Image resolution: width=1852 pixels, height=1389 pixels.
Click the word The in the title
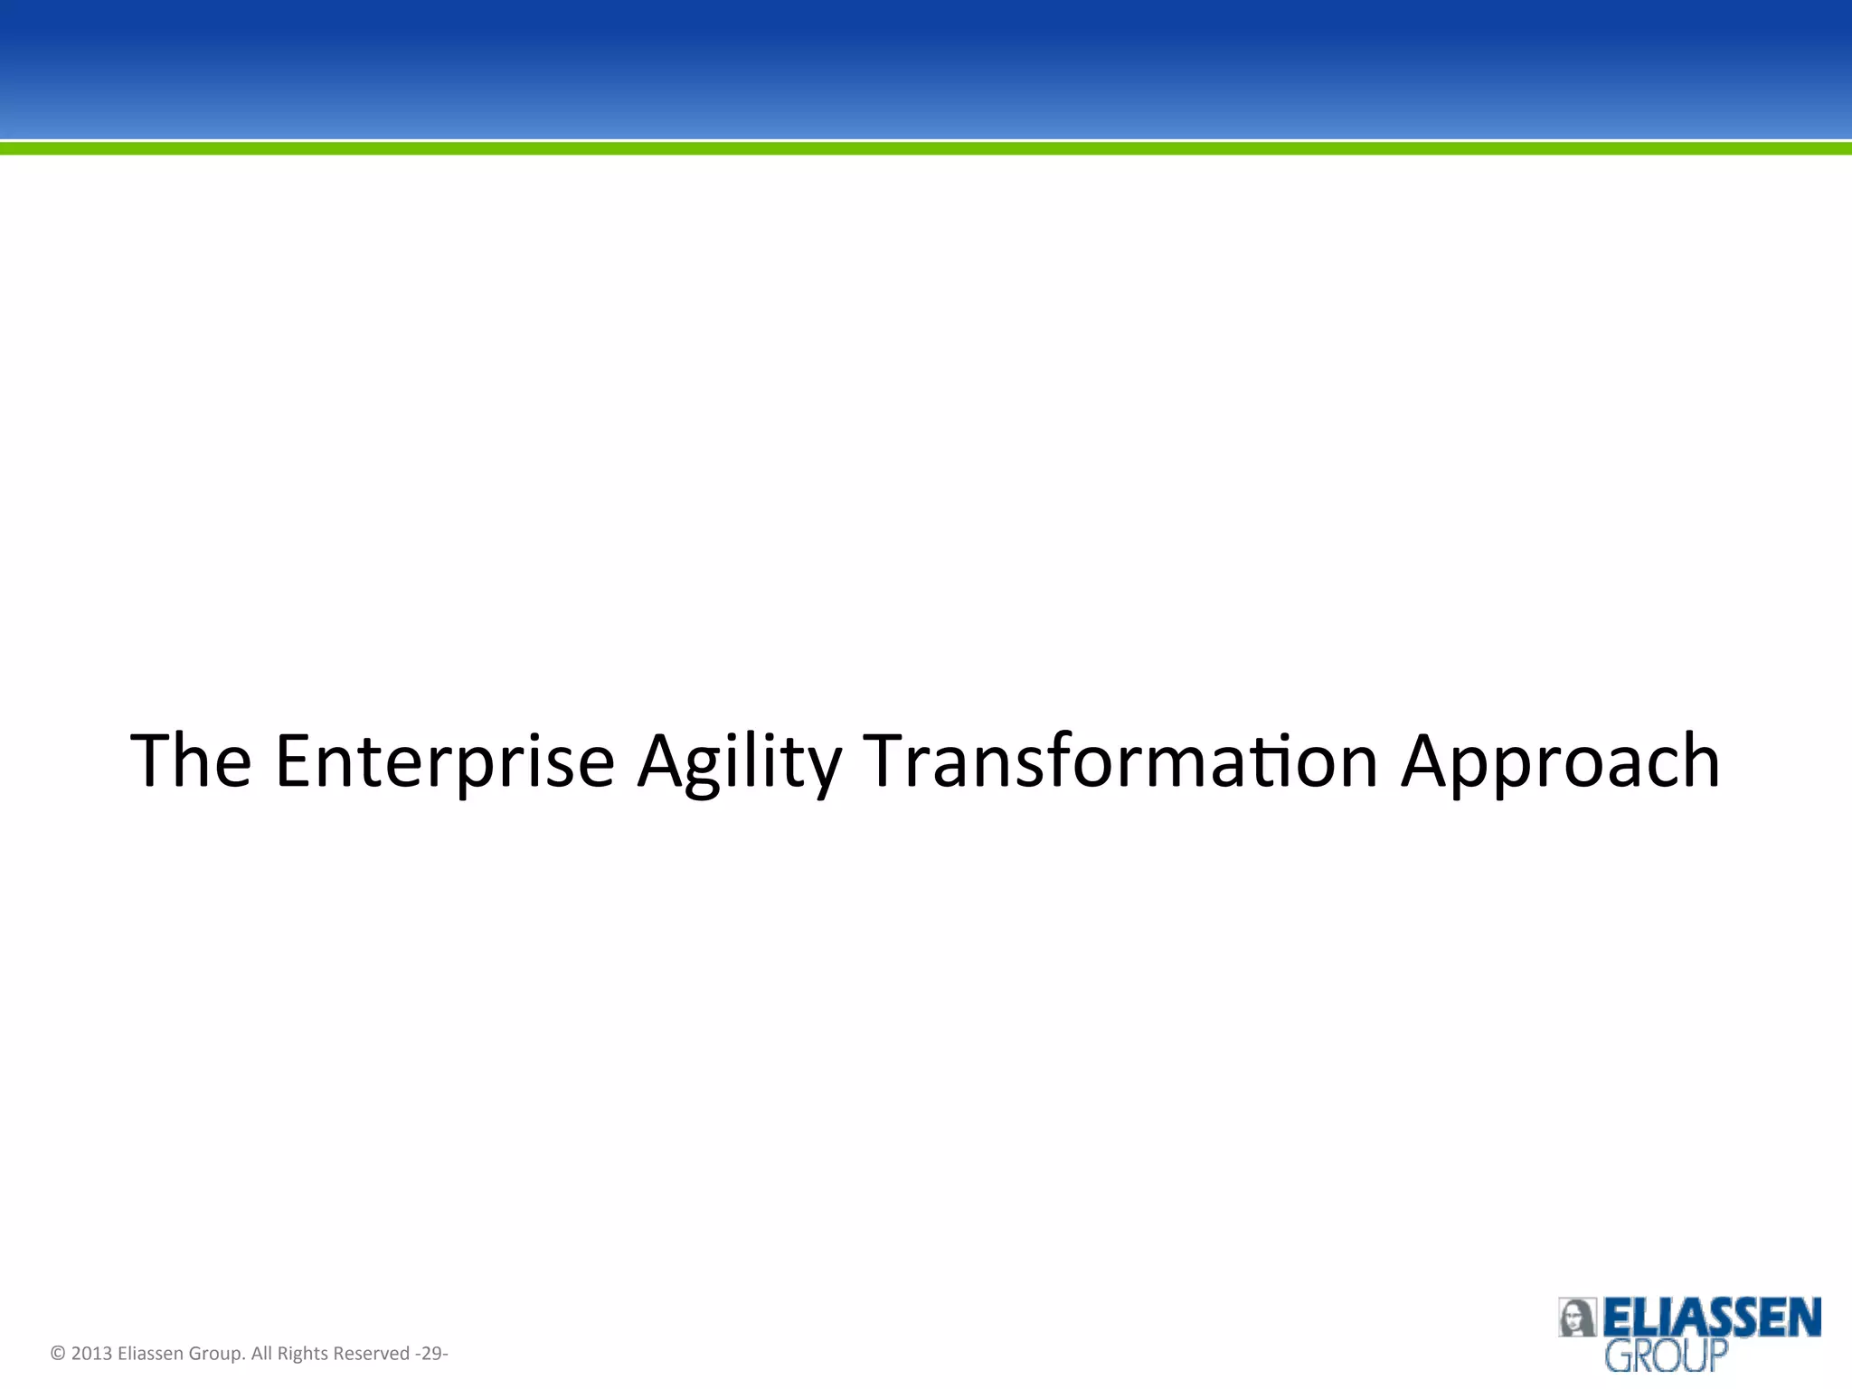[191, 761]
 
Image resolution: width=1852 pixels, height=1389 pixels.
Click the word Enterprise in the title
[444, 761]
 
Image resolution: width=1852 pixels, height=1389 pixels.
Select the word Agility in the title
[739, 761]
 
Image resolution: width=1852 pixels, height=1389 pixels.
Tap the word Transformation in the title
[1120, 761]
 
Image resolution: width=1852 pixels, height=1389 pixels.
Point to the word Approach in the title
[1560, 761]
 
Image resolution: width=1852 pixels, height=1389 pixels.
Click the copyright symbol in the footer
[58, 1354]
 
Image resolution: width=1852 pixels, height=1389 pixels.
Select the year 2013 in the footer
[91, 1354]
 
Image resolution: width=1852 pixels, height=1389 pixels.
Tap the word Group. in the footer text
[217, 1354]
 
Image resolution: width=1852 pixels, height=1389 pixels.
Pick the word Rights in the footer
[302, 1354]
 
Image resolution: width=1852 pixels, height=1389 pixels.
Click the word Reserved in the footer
[372, 1354]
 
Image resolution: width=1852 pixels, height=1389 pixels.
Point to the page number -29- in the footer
[431, 1354]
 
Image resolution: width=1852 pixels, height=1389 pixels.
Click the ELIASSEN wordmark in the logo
[1712, 1318]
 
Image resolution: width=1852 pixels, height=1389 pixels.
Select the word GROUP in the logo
[1666, 1356]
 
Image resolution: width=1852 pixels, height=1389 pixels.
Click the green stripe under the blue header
[926, 148]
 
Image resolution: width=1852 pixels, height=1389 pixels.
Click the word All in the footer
[261, 1354]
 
